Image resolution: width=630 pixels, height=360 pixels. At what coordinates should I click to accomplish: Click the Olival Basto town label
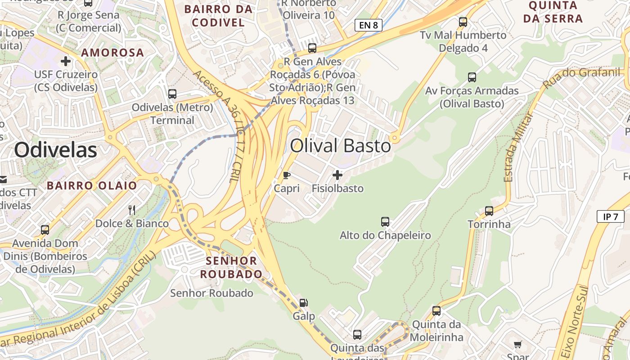340,146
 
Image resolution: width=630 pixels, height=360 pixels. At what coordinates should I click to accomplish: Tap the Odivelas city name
55,150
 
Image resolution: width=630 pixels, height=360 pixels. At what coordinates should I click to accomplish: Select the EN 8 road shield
368,25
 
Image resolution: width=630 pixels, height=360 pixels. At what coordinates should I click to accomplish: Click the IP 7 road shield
611,216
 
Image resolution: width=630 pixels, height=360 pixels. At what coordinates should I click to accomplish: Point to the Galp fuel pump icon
304,303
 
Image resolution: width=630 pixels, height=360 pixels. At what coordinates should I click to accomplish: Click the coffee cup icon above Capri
286,175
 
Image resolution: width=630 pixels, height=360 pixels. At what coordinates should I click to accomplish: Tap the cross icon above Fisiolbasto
337,175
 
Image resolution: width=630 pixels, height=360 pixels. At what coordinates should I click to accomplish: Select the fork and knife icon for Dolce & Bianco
132,210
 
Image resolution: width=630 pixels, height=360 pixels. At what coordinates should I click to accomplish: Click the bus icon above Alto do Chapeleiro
385,221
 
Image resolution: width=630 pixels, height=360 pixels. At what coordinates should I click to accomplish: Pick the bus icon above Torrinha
489,211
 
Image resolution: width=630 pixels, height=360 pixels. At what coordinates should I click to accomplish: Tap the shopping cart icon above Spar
518,345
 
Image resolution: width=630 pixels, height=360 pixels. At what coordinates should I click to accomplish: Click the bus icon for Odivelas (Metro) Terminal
172,94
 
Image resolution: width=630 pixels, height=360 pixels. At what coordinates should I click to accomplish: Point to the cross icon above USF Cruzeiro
66,61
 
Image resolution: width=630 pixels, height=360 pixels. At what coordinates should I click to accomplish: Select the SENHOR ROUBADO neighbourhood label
231,267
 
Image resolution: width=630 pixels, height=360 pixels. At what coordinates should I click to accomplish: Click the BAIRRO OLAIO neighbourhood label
92,185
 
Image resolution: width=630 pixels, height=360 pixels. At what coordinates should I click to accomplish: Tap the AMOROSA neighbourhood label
112,53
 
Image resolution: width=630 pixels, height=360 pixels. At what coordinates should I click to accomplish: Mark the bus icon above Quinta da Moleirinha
436,310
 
